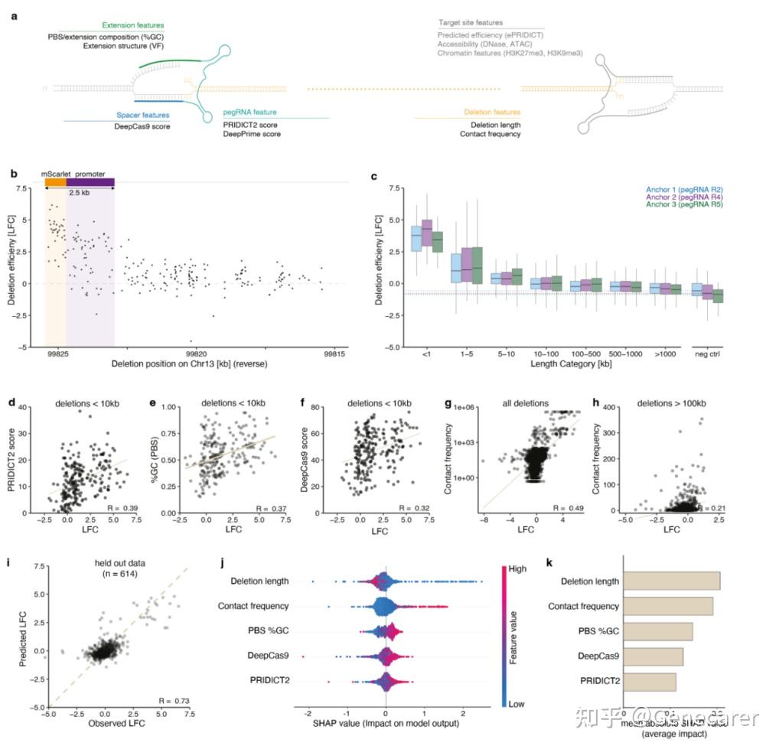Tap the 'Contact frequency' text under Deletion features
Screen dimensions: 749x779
tap(490, 135)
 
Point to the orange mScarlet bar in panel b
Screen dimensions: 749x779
tap(56, 182)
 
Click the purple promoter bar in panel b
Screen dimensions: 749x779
tap(90, 182)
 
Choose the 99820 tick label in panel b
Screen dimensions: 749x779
tap(196, 354)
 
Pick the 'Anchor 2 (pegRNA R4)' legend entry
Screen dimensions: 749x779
tap(684, 197)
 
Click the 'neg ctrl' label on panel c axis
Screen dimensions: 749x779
tap(707, 354)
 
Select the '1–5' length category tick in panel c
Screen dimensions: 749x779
tap(460, 354)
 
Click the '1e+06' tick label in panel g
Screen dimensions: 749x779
tap(466, 410)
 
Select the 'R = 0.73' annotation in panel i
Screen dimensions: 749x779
tap(174, 701)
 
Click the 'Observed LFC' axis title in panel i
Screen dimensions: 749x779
tap(118, 723)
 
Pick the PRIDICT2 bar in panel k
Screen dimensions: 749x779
tap(650, 681)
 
